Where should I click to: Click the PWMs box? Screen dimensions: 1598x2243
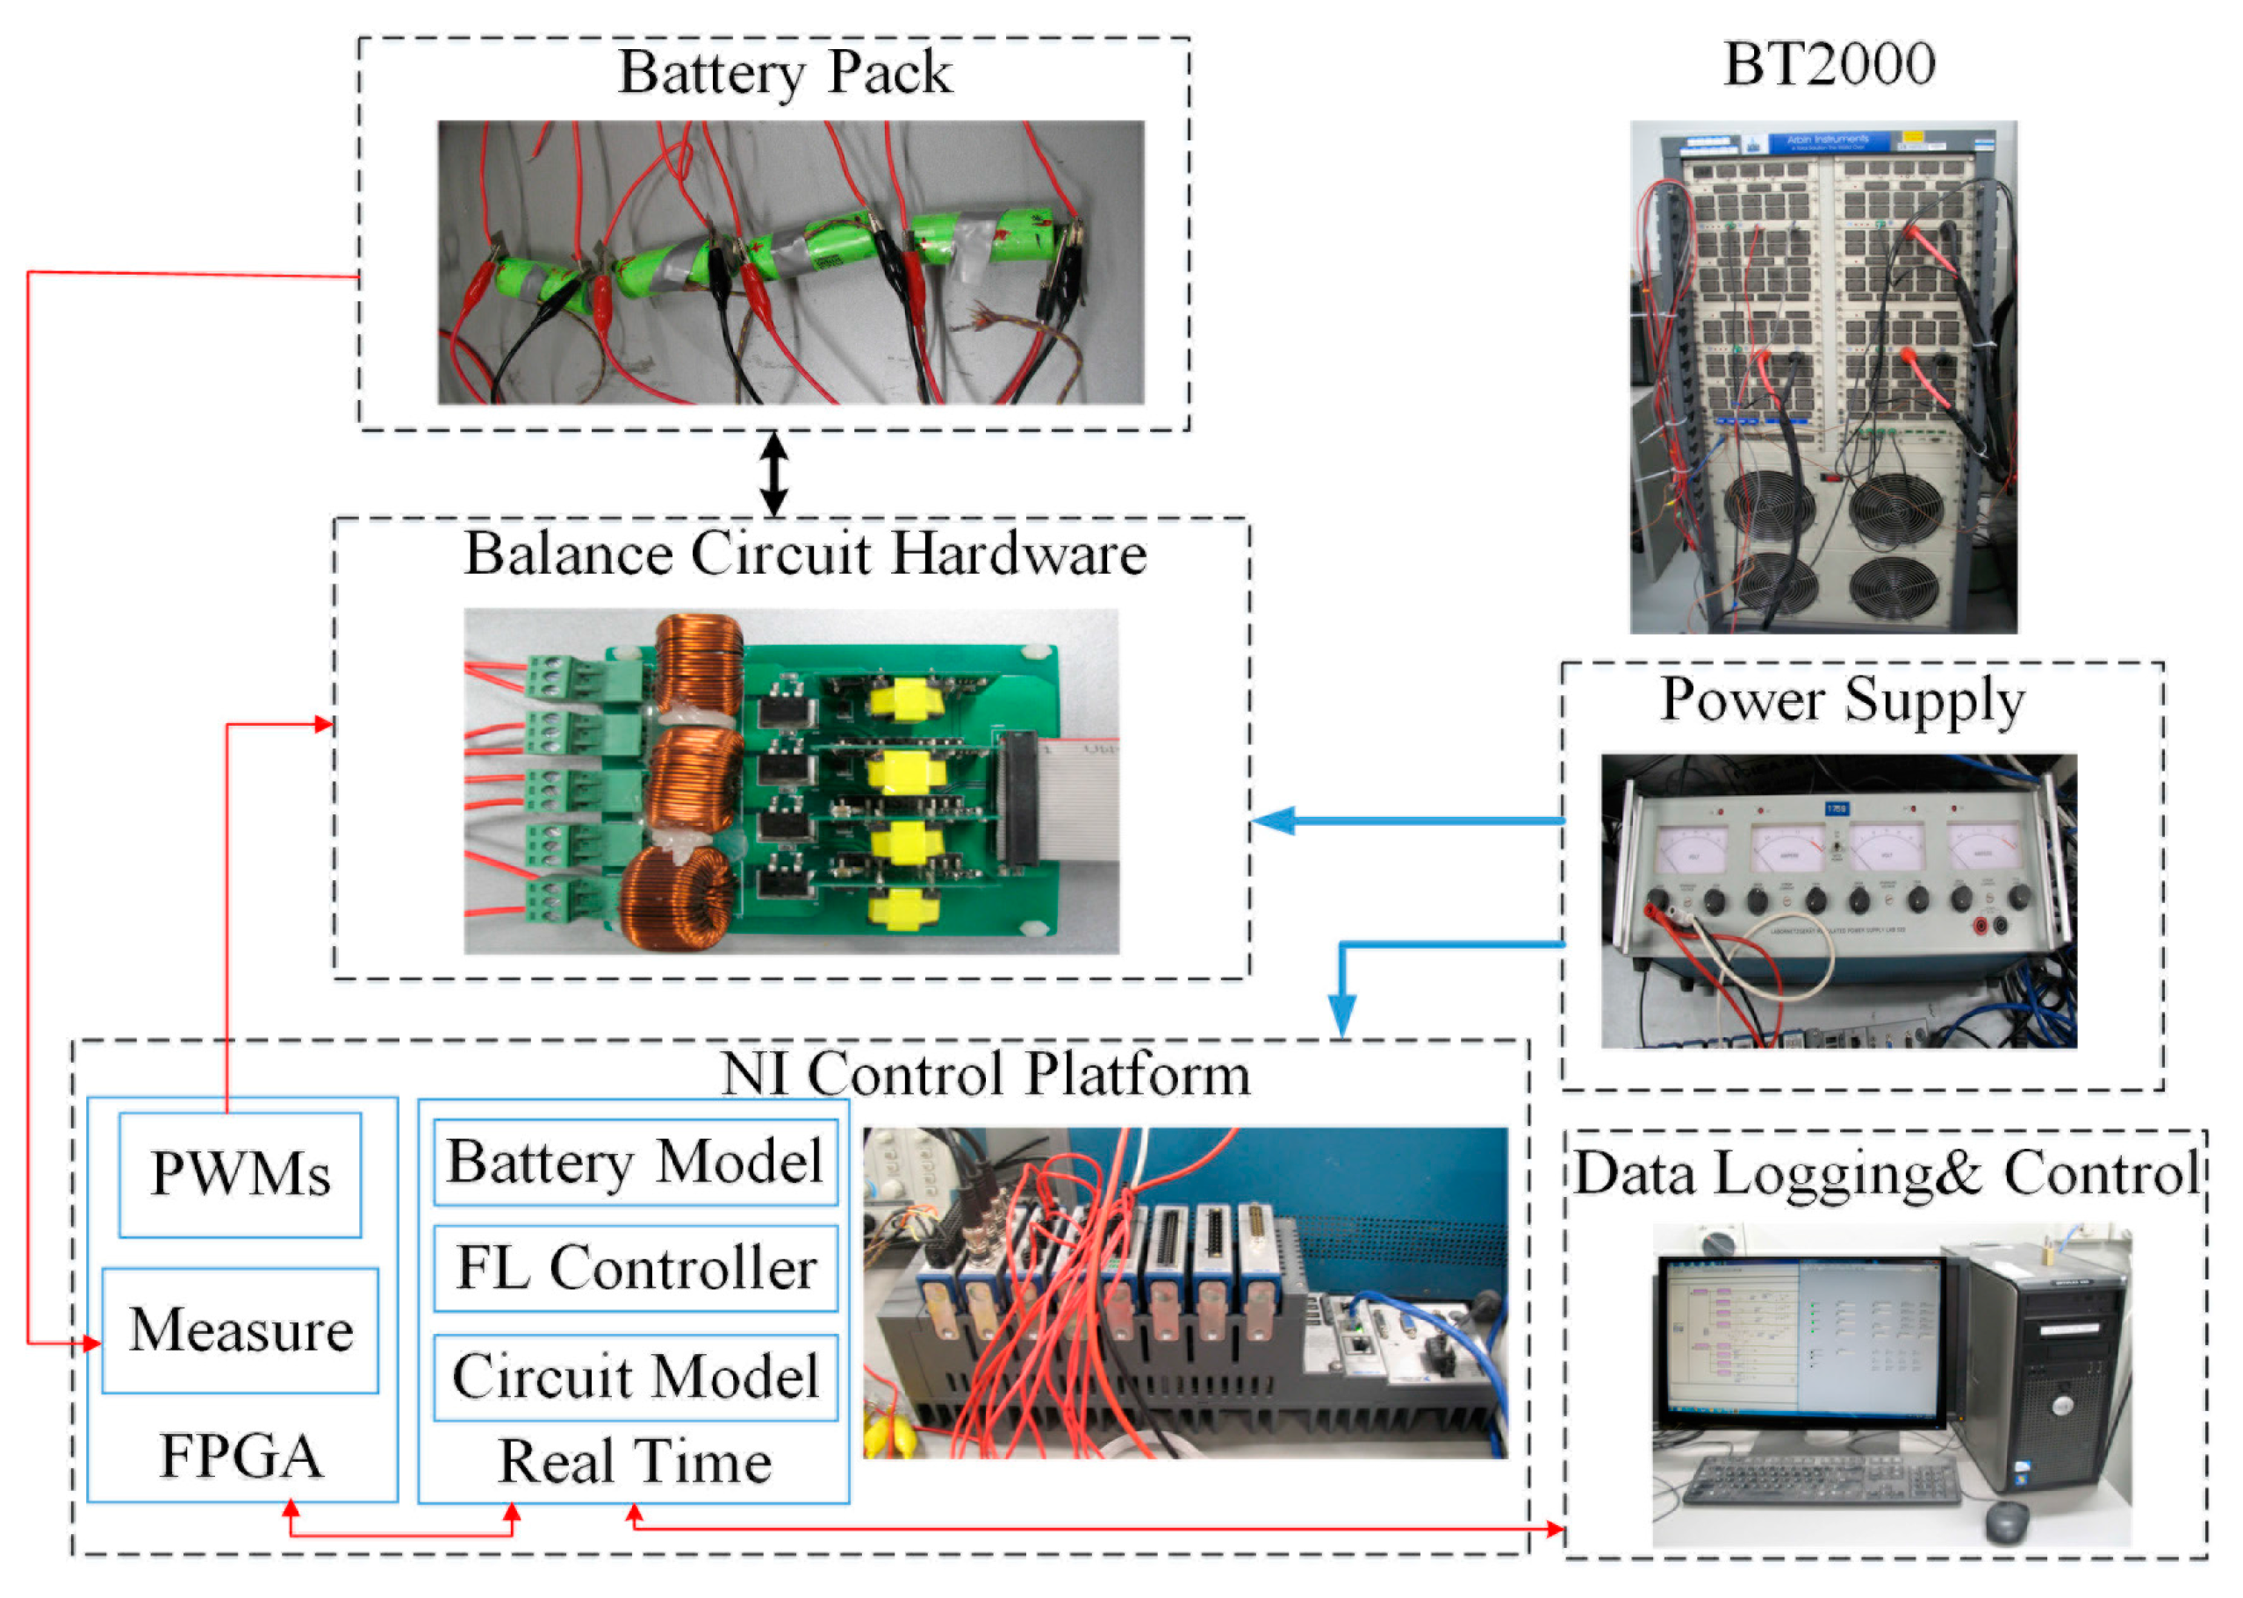[x=241, y=1175]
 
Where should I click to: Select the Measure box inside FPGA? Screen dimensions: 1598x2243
[x=241, y=1330]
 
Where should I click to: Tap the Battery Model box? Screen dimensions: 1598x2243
[x=635, y=1162]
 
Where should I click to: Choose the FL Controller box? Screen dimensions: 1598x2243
[x=635, y=1268]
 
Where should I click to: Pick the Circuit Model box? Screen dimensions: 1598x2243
[x=635, y=1377]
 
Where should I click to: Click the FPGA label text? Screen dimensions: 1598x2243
[x=241, y=1458]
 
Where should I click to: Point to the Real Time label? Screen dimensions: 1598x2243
[x=635, y=1462]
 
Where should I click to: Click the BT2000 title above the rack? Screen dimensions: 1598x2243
[x=1829, y=65]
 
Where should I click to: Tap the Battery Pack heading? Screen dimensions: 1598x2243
[x=785, y=73]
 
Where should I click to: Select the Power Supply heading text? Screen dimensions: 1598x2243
[x=1843, y=699]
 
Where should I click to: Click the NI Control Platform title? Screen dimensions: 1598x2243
[x=985, y=1073]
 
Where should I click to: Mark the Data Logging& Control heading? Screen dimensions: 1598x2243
[x=1886, y=1173]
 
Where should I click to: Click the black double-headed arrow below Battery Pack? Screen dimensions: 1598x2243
[x=774, y=473]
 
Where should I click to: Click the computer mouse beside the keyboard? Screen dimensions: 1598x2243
[x=2006, y=1522]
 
